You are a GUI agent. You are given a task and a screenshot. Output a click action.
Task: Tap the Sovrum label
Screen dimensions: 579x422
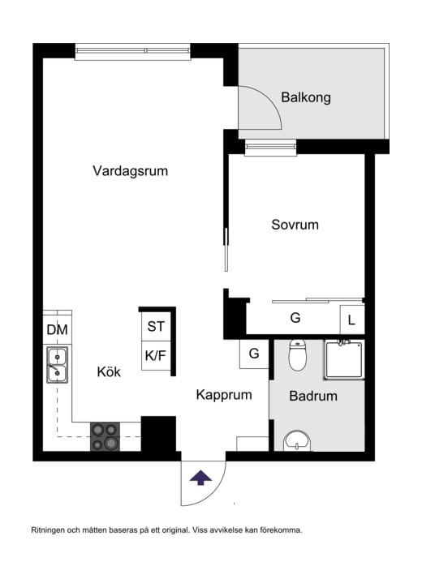295,225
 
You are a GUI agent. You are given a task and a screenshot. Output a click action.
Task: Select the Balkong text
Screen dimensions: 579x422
306,97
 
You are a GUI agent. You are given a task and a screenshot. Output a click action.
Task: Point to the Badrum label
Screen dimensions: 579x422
313,397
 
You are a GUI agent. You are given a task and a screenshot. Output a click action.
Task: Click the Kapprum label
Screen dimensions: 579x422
224,395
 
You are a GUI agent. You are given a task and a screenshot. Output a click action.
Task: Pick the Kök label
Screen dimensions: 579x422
109,372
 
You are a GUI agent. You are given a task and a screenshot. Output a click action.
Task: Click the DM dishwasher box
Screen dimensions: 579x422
57,329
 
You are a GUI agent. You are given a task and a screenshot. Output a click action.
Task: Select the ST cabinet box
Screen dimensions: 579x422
156,327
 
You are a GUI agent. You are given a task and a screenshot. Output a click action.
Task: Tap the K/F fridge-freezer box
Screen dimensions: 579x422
156,355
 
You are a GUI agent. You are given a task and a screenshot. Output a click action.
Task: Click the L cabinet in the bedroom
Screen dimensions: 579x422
351,320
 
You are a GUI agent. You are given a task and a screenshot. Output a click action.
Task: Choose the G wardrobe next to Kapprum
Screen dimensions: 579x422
254,354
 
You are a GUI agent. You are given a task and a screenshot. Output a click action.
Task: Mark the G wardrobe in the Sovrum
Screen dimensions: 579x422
295,319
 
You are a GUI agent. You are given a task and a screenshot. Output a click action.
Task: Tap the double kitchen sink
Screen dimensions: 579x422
57,364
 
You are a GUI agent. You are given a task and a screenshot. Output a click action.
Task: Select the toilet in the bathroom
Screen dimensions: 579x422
298,355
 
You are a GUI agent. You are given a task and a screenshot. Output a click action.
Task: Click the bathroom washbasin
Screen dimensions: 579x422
296,441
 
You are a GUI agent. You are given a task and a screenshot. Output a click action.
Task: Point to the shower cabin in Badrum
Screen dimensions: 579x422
345,360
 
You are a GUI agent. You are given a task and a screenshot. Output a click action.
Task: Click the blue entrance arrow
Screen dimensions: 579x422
199,477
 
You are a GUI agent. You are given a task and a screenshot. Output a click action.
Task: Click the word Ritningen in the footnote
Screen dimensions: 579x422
50,530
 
